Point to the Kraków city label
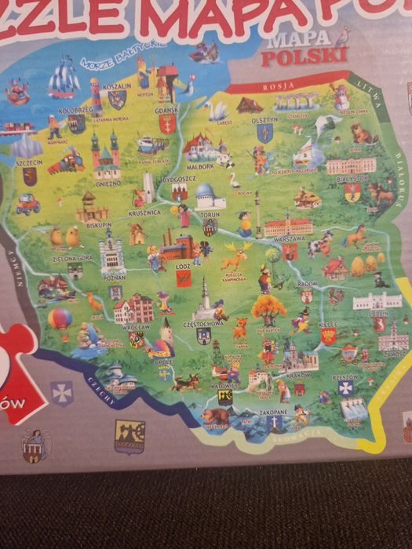(x=298, y=374)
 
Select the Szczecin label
(x=28, y=164)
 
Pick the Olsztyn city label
(x=264, y=121)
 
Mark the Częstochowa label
(x=202, y=322)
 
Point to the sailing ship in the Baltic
(x=64, y=78)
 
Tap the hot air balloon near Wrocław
(x=60, y=319)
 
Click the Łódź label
(x=184, y=267)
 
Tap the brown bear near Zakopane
(x=214, y=416)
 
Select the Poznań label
(x=114, y=278)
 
